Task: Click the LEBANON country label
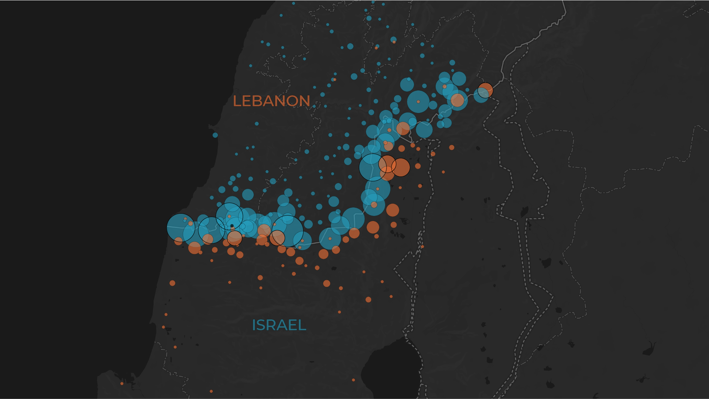coord(271,101)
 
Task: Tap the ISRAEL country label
coord(279,325)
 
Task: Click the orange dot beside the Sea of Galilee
coord(353,380)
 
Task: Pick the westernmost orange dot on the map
coord(122,383)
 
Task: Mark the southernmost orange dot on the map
coord(211,391)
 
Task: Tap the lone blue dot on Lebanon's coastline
coord(215,135)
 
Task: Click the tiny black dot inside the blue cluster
coord(232,226)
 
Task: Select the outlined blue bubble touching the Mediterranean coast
coord(181,228)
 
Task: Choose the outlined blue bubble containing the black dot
coord(229,216)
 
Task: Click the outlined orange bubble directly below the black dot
coord(234,238)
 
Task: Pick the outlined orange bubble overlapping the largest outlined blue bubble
coord(277,238)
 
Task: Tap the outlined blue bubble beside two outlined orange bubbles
coord(373,167)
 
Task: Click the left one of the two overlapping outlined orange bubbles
coord(387,164)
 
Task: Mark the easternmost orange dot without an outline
coord(452,147)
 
